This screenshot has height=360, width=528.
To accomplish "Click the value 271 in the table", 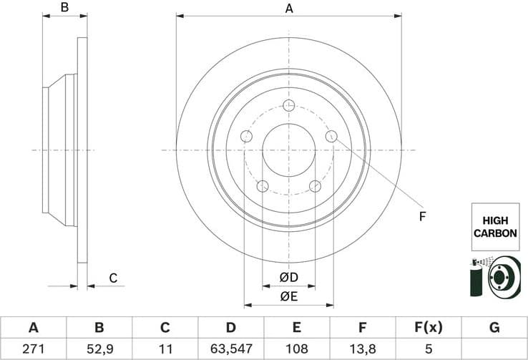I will point(33,350).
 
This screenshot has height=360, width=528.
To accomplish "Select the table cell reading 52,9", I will point(99,350).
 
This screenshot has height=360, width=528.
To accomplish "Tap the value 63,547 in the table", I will point(230,350).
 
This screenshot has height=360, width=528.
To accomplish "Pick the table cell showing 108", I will point(296,350).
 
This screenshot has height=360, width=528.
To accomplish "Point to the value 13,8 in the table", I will point(362,350).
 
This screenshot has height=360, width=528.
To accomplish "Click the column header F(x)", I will point(428,328).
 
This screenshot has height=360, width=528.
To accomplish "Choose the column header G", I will point(494,328).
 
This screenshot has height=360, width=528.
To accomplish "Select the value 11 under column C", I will point(165,350).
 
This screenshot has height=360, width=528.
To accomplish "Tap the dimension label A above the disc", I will point(289,9).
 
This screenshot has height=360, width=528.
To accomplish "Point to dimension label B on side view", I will point(64,9).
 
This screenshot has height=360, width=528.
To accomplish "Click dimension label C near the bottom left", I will point(112,278).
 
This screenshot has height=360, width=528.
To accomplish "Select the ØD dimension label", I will point(288,277).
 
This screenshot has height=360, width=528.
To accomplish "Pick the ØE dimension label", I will point(288,296).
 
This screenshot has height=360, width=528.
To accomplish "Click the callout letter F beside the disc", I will point(422,215).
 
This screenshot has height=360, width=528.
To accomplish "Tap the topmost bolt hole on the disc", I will point(289,106).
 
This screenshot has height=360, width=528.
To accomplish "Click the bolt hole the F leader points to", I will point(331,136).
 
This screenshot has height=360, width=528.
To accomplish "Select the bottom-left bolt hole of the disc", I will point(263,186).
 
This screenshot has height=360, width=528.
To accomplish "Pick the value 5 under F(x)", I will point(428,350).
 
